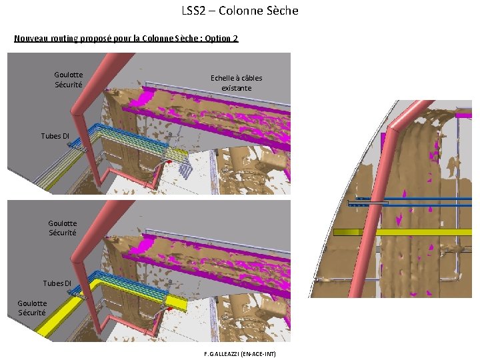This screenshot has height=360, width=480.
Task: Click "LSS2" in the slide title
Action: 192,11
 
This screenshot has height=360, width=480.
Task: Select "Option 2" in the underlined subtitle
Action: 221,39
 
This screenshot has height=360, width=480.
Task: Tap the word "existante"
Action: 237,87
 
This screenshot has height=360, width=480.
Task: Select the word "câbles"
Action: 251,78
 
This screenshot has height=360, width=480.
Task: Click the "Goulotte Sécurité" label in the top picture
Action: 69,80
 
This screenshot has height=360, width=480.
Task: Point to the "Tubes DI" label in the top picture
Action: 55,136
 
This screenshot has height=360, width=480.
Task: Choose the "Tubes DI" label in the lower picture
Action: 57,283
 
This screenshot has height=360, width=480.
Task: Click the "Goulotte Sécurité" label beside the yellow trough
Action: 32,308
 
